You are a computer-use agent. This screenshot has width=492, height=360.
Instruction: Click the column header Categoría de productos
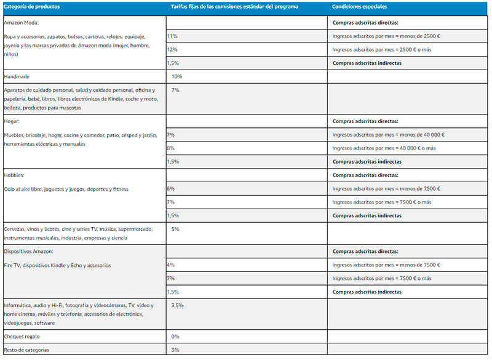point(33,6)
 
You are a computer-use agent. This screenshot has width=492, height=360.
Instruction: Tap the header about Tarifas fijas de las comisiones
point(243,6)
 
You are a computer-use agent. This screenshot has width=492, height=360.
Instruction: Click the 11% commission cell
point(172,36)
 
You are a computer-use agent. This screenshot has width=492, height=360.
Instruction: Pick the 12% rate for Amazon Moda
point(172,49)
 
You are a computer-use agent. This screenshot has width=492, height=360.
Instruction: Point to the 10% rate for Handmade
point(177,76)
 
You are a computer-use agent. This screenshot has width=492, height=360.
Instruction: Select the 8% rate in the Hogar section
point(171,148)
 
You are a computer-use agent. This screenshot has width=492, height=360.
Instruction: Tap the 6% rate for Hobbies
point(171,188)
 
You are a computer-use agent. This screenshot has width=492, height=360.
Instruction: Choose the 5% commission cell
point(175,229)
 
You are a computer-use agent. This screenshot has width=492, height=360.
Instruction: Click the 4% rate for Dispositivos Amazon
point(171,265)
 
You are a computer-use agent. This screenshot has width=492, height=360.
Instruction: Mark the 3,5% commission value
point(177,305)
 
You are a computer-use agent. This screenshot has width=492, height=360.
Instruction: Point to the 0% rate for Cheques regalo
point(175,337)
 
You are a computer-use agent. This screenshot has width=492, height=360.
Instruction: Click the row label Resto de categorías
point(26,350)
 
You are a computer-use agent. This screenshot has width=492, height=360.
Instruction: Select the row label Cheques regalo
point(23,337)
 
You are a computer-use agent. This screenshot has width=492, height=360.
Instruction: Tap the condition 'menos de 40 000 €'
point(389,135)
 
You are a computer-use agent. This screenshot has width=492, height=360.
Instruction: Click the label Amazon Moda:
point(22,22)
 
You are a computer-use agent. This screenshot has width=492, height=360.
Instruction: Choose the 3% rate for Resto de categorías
point(175,350)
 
